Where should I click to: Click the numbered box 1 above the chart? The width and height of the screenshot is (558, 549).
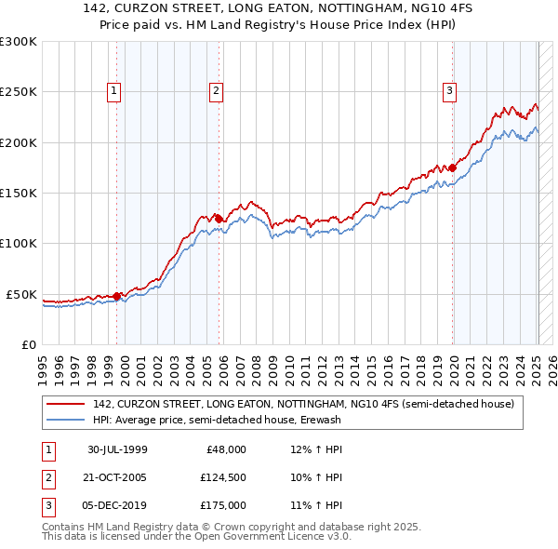click(x=113, y=91)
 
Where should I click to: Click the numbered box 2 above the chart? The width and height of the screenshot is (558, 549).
click(x=216, y=91)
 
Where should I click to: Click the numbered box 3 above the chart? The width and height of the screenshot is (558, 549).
click(x=449, y=91)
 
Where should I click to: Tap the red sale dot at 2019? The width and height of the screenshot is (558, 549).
click(x=453, y=167)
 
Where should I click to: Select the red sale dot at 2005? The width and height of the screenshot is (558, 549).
click(x=219, y=219)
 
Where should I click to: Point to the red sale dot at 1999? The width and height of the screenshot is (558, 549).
click(x=117, y=296)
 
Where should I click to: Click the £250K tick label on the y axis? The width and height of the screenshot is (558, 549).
click(x=19, y=92)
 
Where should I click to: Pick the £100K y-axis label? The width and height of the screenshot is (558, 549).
click(x=19, y=244)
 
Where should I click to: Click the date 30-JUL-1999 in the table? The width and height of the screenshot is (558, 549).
click(x=117, y=449)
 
